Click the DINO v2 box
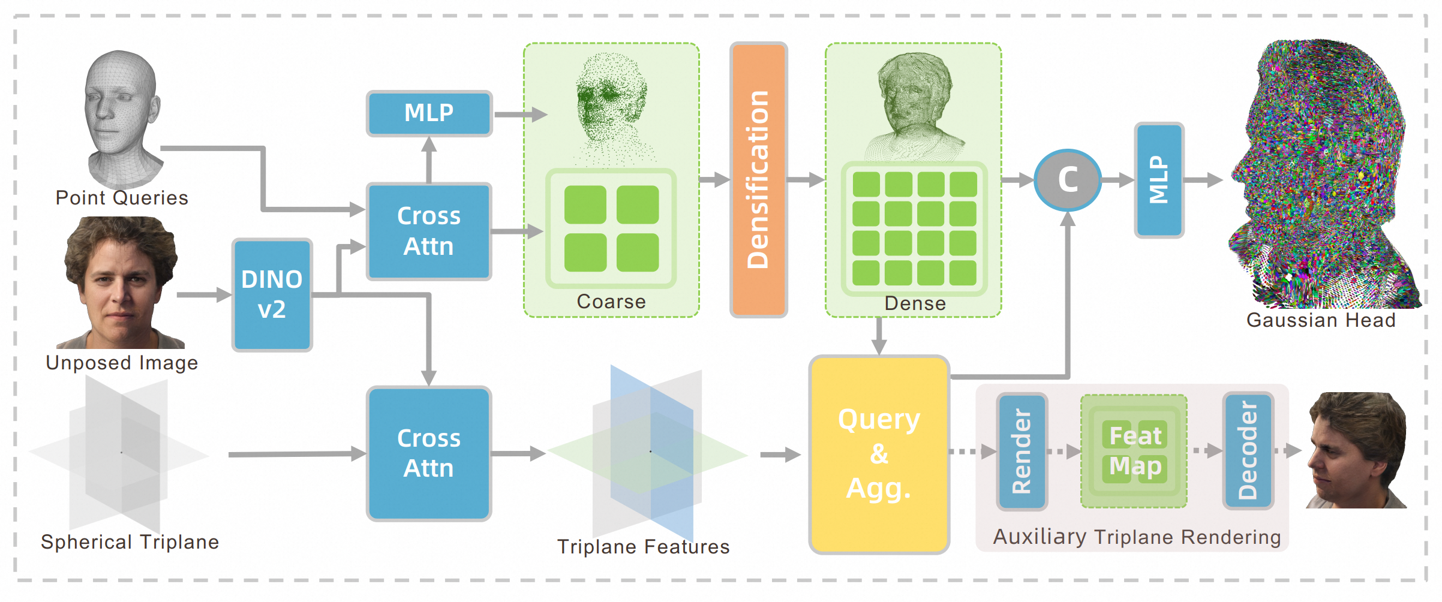[x=272, y=294]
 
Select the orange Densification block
[x=758, y=179]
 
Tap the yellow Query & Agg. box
[x=879, y=454]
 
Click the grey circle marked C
[x=1068, y=180]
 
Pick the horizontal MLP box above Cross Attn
[x=429, y=113]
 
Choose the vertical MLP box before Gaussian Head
[x=1159, y=180]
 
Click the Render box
[x=1022, y=451]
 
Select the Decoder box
[x=1248, y=451]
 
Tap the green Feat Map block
[x=1134, y=451]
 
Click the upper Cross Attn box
[x=429, y=231]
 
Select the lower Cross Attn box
[x=429, y=453]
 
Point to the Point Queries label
[x=122, y=198]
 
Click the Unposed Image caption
[x=122, y=363]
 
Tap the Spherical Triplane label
[x=130, y=542]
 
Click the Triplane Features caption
[x=643, y=547]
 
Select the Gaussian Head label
[x=1321, y=320]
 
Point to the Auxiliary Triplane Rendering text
[x=1137, y=537]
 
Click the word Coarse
[x=611, y=302]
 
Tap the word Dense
[x=915, y=303]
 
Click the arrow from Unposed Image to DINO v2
[x=204, y=294]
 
